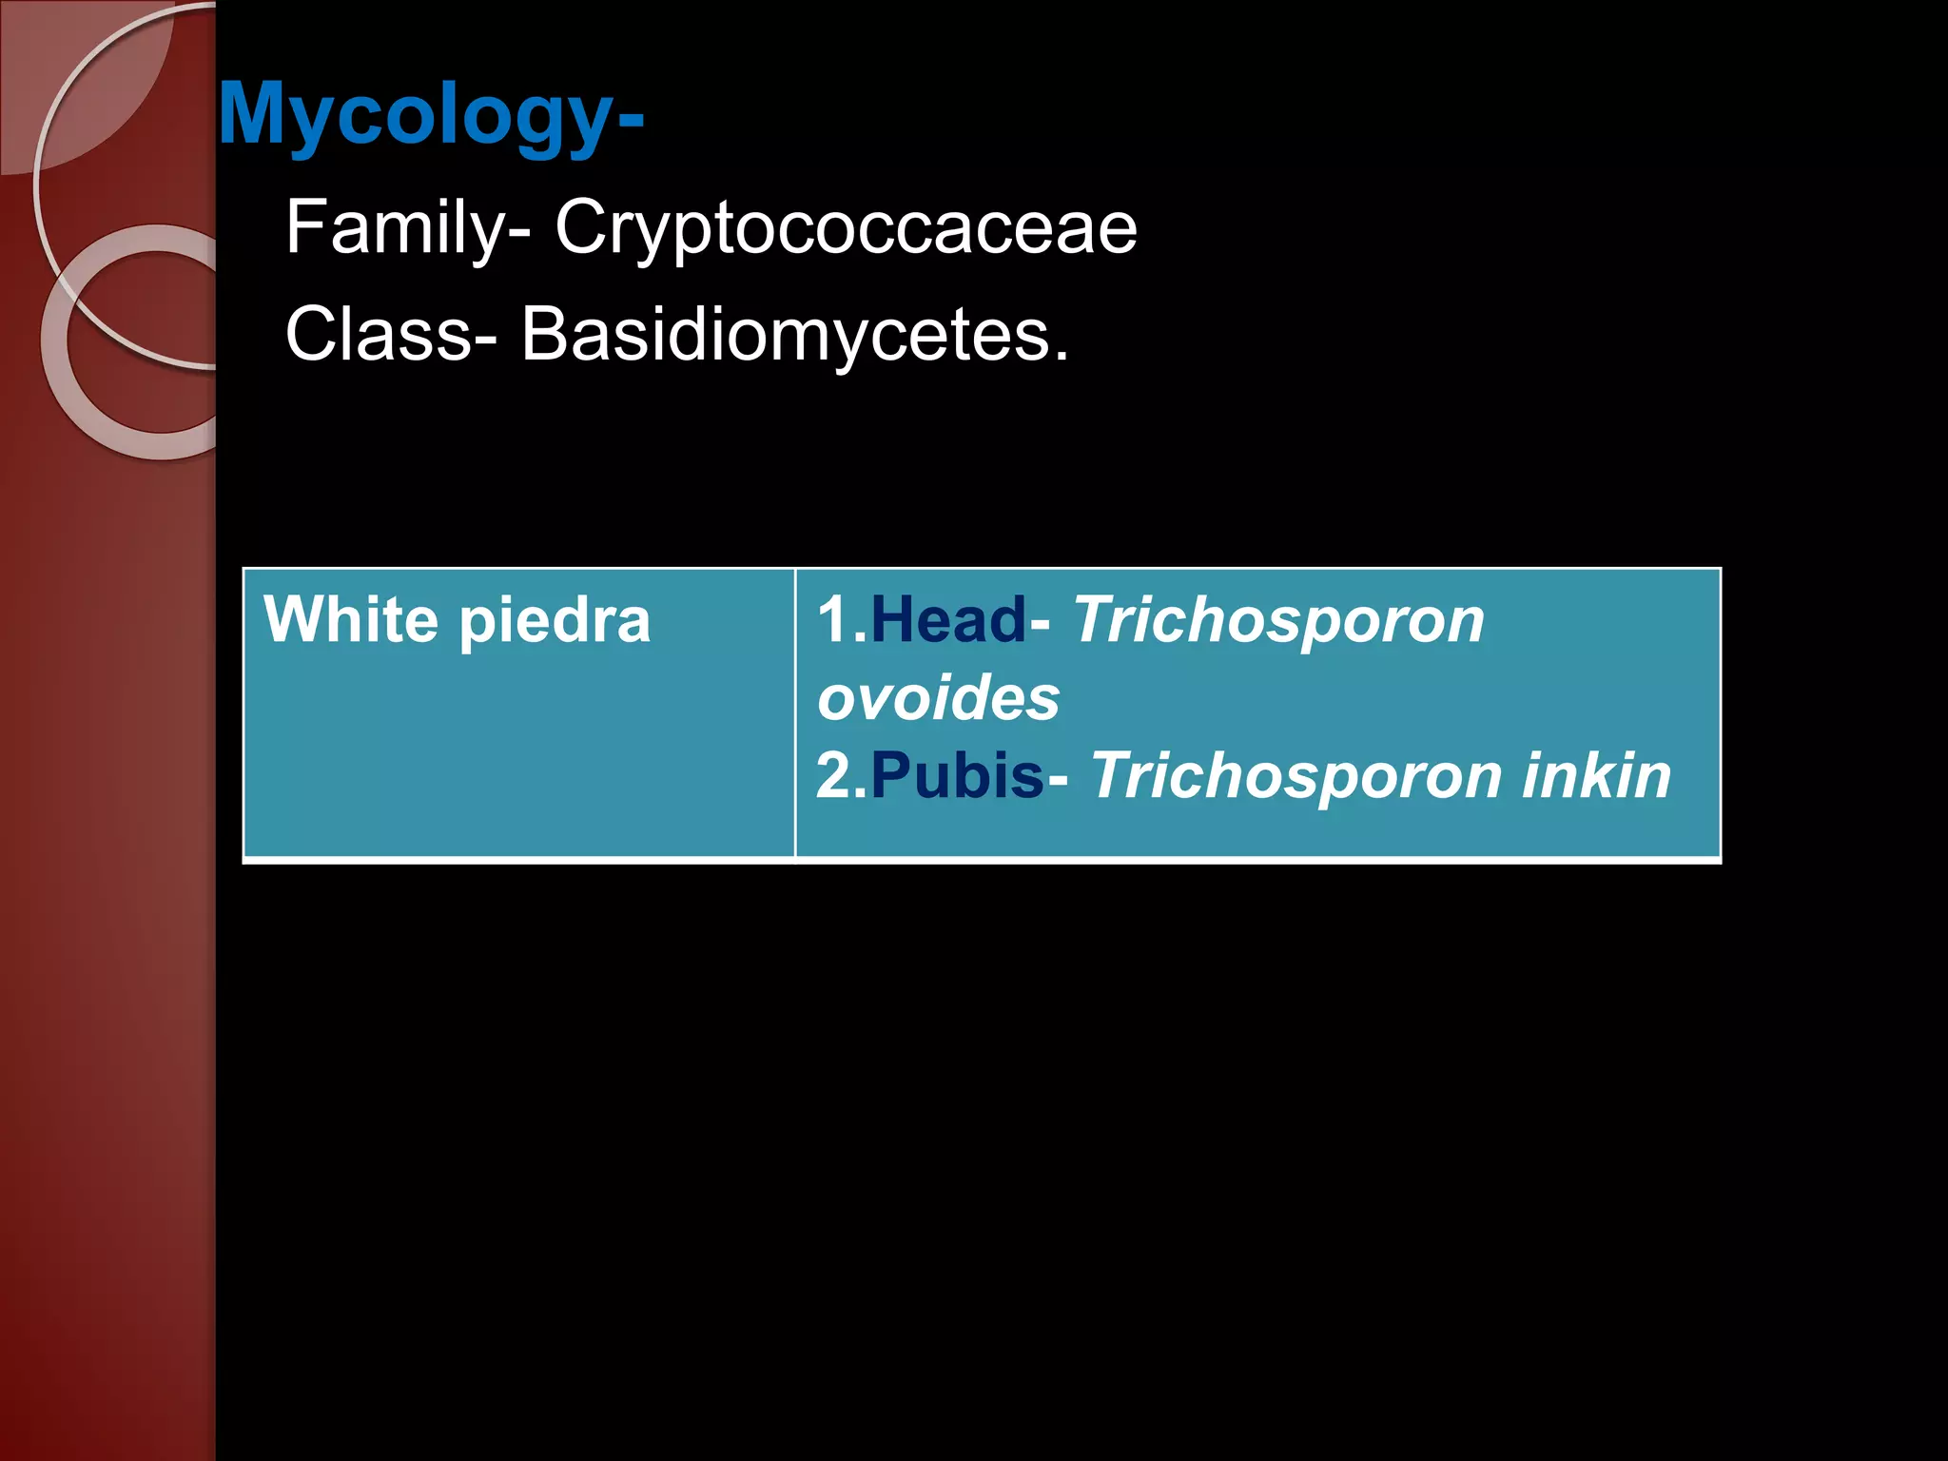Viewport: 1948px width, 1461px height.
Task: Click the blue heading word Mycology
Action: [x=417, y=114]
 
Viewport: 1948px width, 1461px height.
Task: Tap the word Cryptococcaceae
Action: [x=846, y=228]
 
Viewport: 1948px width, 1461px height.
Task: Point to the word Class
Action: [x=379, y=335]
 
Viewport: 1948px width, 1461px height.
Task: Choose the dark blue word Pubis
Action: [x=957, y=776]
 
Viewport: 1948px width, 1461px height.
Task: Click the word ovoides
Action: [x=938, y=698]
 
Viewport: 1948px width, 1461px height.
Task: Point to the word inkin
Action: [x=1596, y=776]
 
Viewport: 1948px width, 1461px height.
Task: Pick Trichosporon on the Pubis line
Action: [x=1295, y=776]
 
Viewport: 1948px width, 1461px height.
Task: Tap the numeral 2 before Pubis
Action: [x=835, y=776]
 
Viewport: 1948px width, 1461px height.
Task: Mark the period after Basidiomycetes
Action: [x=1061, y=356]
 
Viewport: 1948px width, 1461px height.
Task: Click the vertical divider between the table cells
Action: [x=795, y=713]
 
